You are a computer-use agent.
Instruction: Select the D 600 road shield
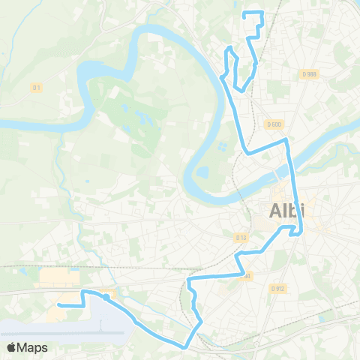click(x=273, y=124)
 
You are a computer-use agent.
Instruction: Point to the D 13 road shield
click(x=241, y=238)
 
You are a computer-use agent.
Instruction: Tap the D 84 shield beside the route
click(x=245, y=275)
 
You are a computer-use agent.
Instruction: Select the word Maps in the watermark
click(x=34, y=347)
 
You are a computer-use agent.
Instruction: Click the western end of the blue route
click(x=58, y=305)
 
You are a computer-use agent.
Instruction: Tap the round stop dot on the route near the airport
click(x=106, y=297)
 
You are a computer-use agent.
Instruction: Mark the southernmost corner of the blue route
click(x=184, y=346)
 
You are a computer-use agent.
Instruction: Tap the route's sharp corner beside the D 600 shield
click(x=286, y=139)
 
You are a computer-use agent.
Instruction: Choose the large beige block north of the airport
click(x=57, y=279)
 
